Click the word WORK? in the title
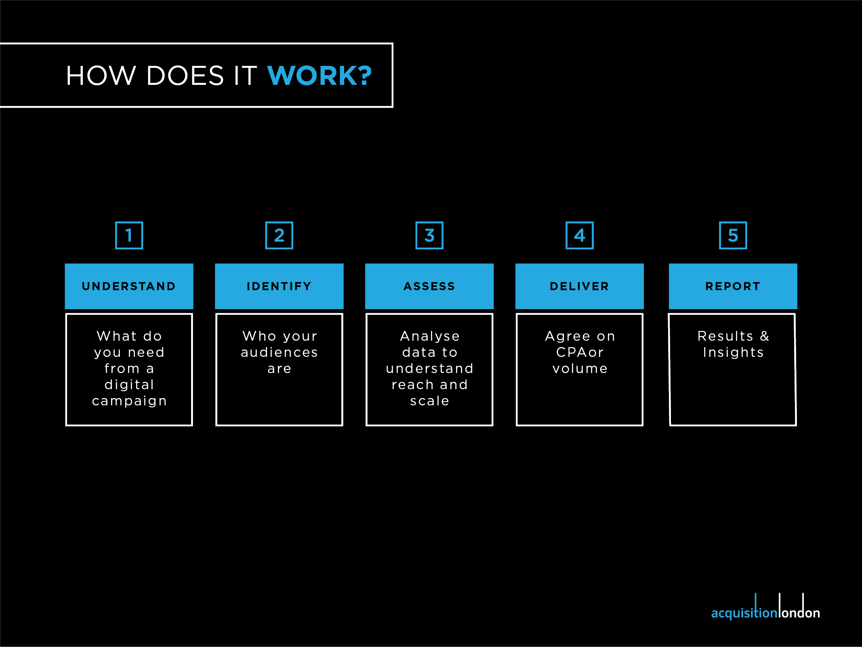click(319, 76)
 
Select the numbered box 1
click(129, 235)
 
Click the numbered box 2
click(279, 235)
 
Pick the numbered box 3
click(429, 235)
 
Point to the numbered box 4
click(580, 235)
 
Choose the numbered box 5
click(733, 235)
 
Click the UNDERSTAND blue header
click(129, 286)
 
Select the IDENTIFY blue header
click(279, 286)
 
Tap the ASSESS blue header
click(429, 286)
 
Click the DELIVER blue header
click(580, 286)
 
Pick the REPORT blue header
click(733, 286)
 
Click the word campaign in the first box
click(129, 401)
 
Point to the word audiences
click(279, 352)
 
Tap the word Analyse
click(430, 336)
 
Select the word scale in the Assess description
click(429, 401)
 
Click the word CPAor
click(580, 352)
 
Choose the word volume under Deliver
click(580, 369)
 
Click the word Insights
click(733, 352)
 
